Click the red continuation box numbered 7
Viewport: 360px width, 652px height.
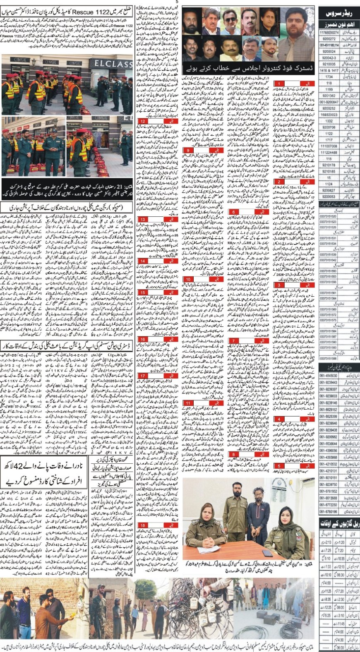coord(234,340)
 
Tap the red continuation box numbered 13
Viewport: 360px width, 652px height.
coord(143,219)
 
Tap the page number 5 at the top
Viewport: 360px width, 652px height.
coord(176,2)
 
